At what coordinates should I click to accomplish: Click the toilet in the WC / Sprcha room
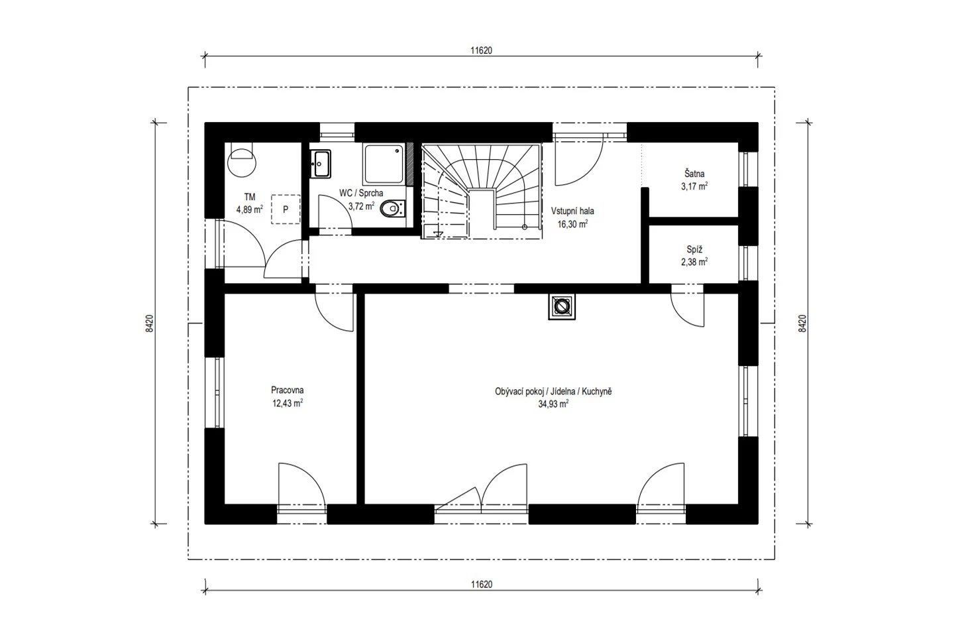[392, 209]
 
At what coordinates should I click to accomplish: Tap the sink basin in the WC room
[321, 164]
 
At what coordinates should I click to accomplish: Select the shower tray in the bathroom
[384, 164]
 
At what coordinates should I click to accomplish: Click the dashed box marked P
[286, 209]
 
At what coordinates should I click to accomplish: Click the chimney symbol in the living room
[562, 307]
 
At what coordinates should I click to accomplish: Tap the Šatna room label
[694, 174]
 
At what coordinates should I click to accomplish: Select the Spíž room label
[694, 249]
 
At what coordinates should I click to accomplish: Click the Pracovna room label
[287, 390]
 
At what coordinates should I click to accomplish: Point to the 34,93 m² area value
[553, 404]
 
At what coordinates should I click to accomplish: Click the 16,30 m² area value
[572, 224]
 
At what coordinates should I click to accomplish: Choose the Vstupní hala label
[572, 211]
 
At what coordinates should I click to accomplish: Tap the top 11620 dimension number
[481, 50]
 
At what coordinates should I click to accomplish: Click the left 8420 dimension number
[149, 323]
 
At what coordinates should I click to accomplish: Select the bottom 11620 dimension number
[482, 585]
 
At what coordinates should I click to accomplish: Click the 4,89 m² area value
[250, 209]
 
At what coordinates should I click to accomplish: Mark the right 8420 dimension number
[802, 323]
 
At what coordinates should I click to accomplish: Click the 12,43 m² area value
[288, 404]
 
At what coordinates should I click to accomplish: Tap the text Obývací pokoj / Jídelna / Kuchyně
[553, 392]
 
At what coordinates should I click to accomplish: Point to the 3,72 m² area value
[361, 206]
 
